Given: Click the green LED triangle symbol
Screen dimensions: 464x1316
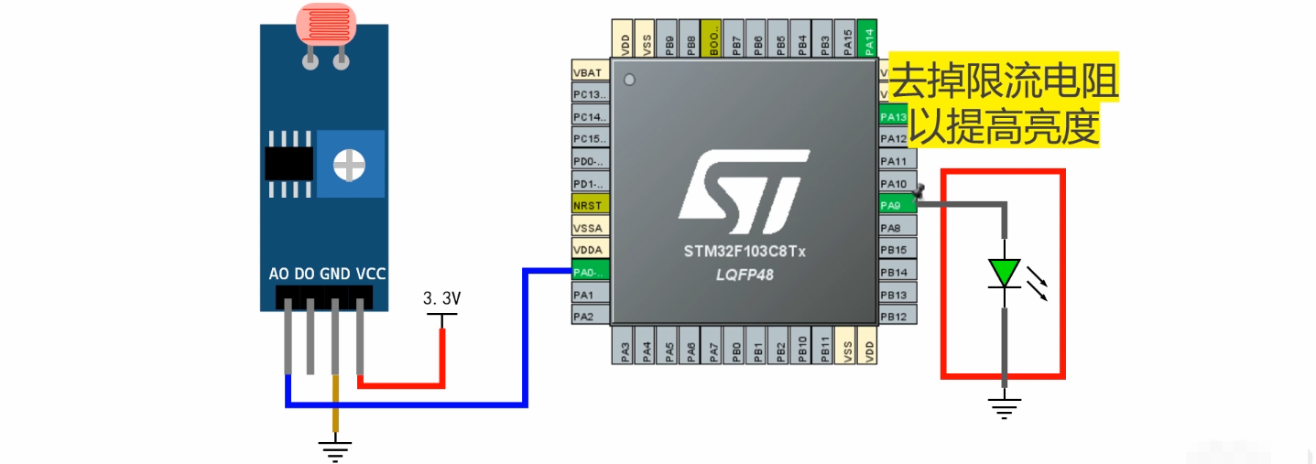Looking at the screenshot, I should [1005, 273].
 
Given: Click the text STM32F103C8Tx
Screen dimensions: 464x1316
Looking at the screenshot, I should [744, 252].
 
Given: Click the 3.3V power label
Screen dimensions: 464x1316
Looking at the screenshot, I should [441, 299].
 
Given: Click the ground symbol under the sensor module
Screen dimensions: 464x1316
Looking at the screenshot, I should [335, 448].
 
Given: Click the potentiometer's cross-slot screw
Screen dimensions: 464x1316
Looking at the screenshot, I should [349, 165].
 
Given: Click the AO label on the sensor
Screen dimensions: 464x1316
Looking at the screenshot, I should [279, 274].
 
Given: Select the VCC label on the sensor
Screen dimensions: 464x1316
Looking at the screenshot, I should [371, 274].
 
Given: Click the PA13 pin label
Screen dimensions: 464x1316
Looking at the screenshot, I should [894, 116].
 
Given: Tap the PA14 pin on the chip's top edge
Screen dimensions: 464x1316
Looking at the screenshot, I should [869, 38].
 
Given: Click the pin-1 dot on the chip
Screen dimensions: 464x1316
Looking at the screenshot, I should [629, 81].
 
